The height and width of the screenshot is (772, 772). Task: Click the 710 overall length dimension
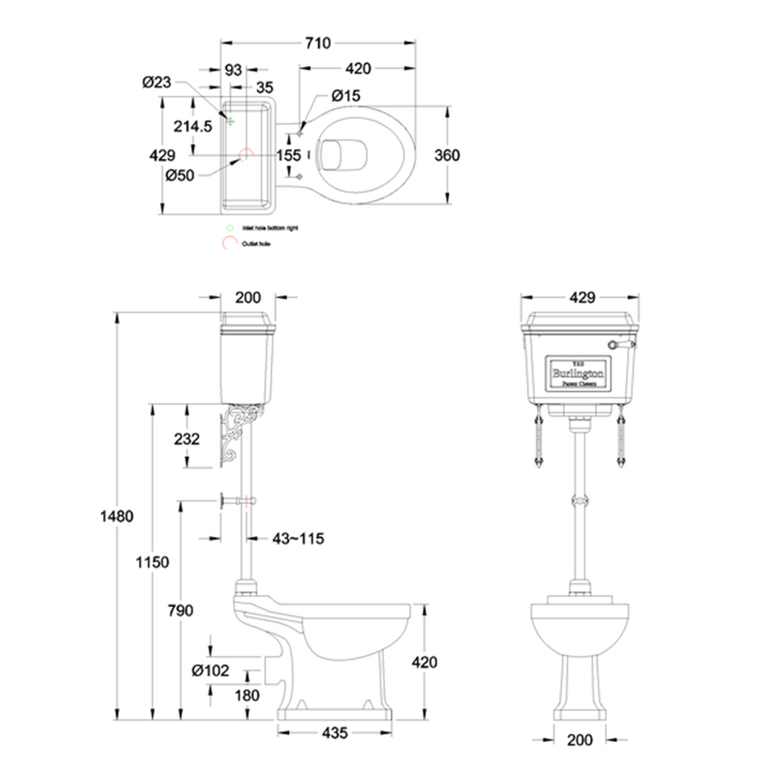[x=317, y=43]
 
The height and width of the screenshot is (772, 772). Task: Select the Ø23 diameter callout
[x=156, y=83]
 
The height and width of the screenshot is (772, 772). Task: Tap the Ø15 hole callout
[x=345, y=96]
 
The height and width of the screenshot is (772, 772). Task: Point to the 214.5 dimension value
[x=193, y=126]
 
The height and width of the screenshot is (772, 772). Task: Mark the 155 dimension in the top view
[x=288, y=156]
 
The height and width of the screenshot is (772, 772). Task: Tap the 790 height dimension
[x=180, y=611]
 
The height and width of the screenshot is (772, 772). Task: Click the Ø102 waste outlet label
[x=210, y=671]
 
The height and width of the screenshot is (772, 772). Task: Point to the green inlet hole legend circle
[x=230, y=227]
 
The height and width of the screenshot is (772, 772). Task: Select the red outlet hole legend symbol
[x=230, y=243]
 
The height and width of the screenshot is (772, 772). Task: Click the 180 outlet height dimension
[x=248, y=695]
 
